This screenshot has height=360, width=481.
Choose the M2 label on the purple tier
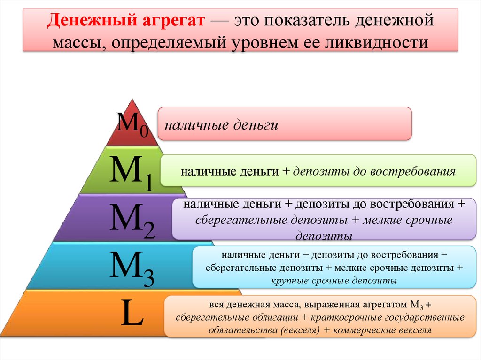132,220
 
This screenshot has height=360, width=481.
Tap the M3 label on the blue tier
132,268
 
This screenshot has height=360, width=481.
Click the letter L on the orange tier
132,312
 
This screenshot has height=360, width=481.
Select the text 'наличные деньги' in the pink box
222,125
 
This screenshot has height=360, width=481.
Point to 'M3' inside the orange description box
417,305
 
